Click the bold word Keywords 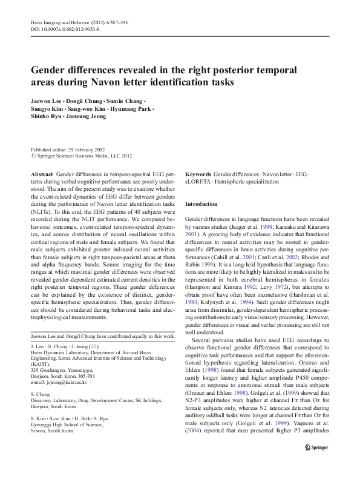click(198, 173)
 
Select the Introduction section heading click(201, 204)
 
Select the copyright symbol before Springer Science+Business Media click(33, 156)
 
